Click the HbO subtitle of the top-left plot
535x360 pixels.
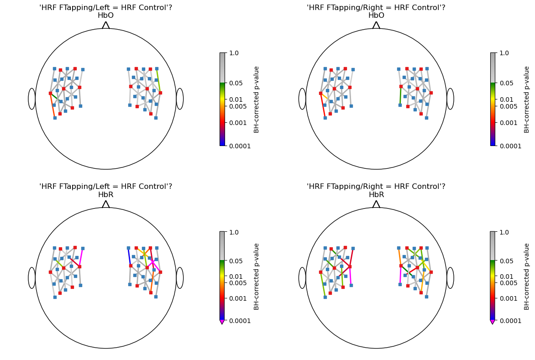pos(105,16)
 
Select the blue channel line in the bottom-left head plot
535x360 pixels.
pos(129,256)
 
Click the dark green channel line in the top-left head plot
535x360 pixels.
pos(54,96)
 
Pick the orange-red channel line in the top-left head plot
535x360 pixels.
pos(52,105)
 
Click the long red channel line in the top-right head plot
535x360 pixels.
pos(323,105)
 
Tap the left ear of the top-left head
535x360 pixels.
pos(31,99)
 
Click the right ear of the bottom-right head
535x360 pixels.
pos(450,278)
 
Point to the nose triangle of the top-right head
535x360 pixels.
pos(376,25)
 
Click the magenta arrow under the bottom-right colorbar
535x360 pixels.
pos(493,322)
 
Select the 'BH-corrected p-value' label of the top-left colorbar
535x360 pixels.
pos(257,99)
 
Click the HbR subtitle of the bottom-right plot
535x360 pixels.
pos(376,195)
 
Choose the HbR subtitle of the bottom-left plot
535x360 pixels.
pos(105,195)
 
